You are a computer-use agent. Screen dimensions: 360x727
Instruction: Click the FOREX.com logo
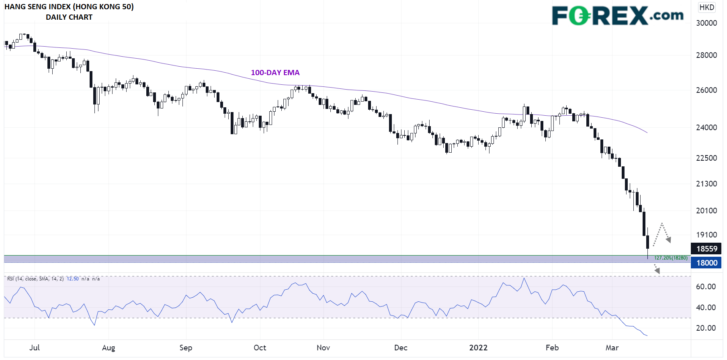point(617,16)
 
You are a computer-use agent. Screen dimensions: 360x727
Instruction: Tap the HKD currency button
point(707,7)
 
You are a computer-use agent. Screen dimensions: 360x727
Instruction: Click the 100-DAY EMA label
point(275,73)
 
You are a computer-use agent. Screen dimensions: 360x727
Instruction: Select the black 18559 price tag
point(707,249)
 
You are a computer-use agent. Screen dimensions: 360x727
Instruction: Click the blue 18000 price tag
point(707,263)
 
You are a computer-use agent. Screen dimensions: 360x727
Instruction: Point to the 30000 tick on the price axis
point(707,23)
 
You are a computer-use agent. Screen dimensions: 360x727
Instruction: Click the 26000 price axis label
point(707,90)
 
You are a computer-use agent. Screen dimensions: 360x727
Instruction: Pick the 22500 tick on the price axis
point(707,158)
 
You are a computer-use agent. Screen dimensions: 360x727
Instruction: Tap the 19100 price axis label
point(707,235)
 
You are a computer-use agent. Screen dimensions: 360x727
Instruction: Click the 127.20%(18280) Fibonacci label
point(671,258)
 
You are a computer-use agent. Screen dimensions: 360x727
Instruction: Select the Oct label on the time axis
point(260,348)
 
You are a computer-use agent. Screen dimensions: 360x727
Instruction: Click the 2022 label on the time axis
point(478,348)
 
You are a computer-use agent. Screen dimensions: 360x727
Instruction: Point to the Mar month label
point(612,348)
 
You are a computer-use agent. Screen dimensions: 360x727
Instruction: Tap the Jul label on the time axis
point(35,348)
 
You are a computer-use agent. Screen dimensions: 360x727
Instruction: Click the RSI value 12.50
point(73,279)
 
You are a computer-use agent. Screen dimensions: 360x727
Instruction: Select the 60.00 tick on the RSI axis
point(706,287)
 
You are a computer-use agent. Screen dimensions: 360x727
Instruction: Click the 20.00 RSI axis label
point(706,328)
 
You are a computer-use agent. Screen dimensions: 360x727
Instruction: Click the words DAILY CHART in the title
point(69,17)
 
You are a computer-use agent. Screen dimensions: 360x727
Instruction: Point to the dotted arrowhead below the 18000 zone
point(657,271)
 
